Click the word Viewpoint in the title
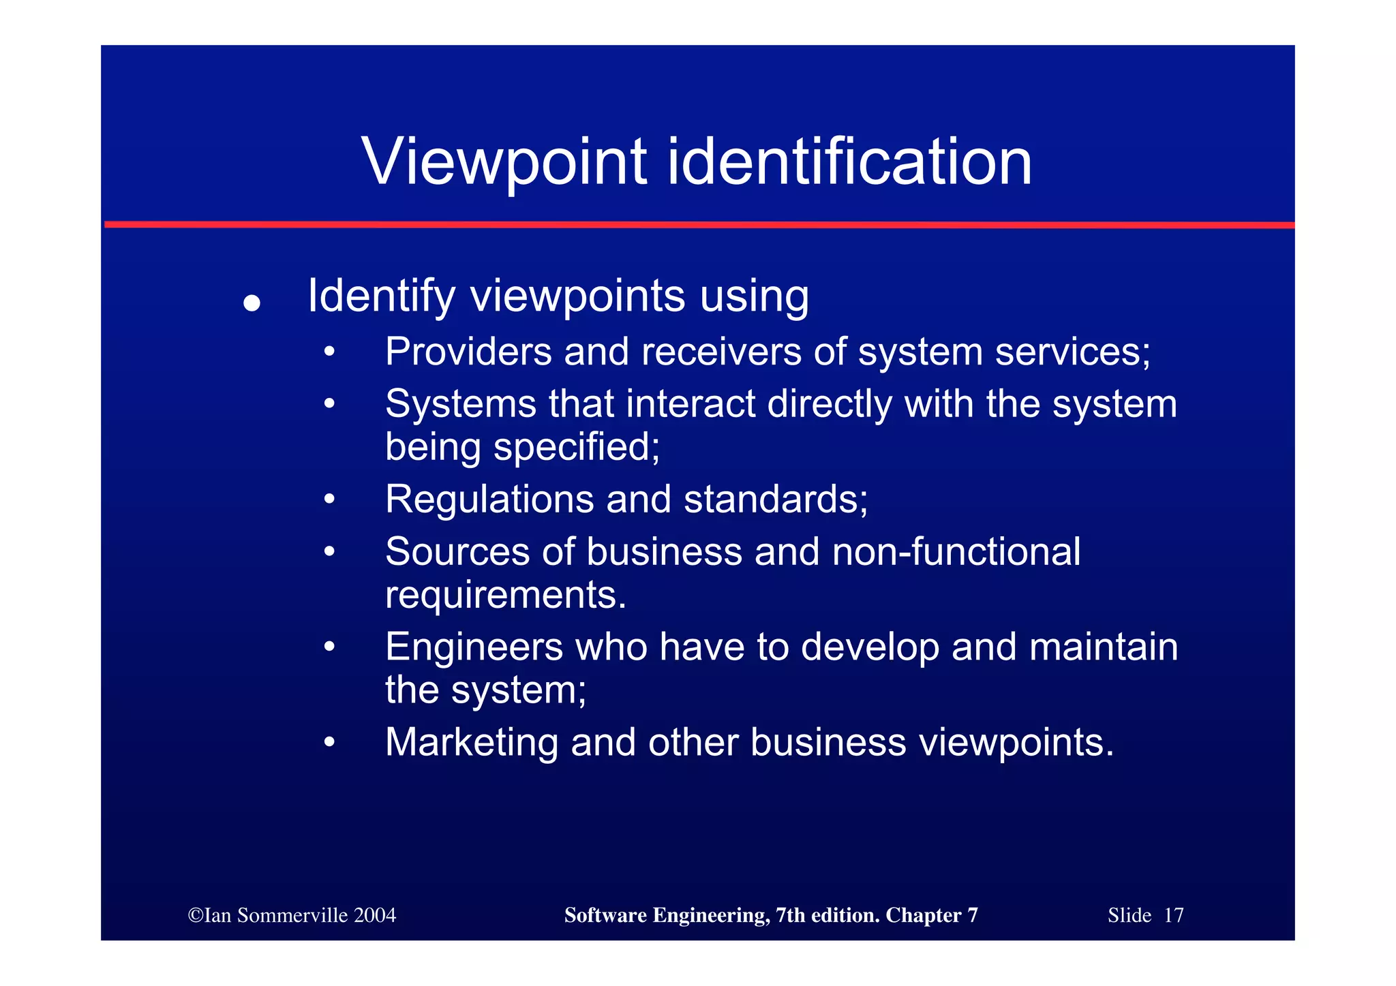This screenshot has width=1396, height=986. (x=503, y=162)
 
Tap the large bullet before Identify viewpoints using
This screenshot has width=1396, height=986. (x=252, y=303)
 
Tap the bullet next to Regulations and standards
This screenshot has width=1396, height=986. (x=329, y=499)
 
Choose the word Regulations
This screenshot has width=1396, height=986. (x=489, y=499)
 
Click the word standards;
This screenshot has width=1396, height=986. (x=776, y=499)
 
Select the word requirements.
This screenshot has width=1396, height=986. (x=505, y=595)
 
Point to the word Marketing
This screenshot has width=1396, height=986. (x=472, y=742)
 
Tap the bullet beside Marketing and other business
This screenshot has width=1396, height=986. (x=329, y=742)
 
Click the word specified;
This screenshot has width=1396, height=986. (x=577, y=447)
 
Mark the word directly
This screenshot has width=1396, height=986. (x=830, y=404)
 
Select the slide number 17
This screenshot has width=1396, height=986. (x=1173, y=915)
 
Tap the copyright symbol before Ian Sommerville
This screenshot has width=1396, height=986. (x=196, y=915)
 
